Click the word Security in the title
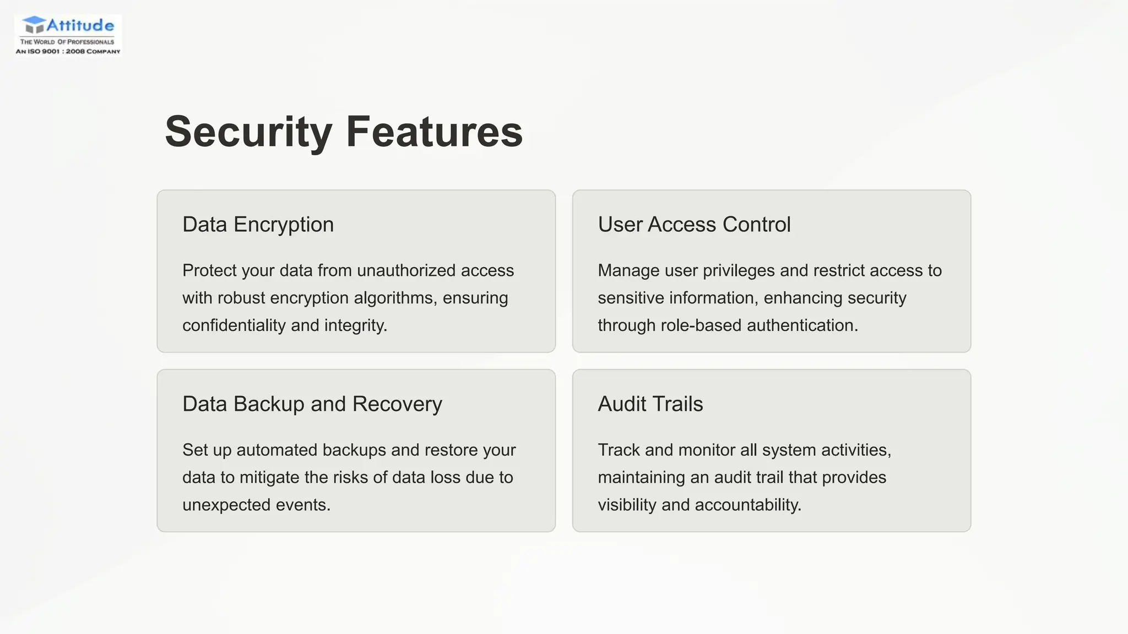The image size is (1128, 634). [248, 132]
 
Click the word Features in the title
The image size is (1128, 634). [434, 132]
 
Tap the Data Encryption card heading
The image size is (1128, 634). [258, 225]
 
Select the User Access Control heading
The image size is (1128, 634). [694, 225]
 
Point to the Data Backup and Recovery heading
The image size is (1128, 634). [312, 404]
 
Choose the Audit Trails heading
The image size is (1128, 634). [650, 404]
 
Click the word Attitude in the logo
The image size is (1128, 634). [80, 25]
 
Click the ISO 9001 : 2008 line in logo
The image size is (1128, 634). [68, 51]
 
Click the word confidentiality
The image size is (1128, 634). [234, 325]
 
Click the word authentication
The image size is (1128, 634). [802, 325]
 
